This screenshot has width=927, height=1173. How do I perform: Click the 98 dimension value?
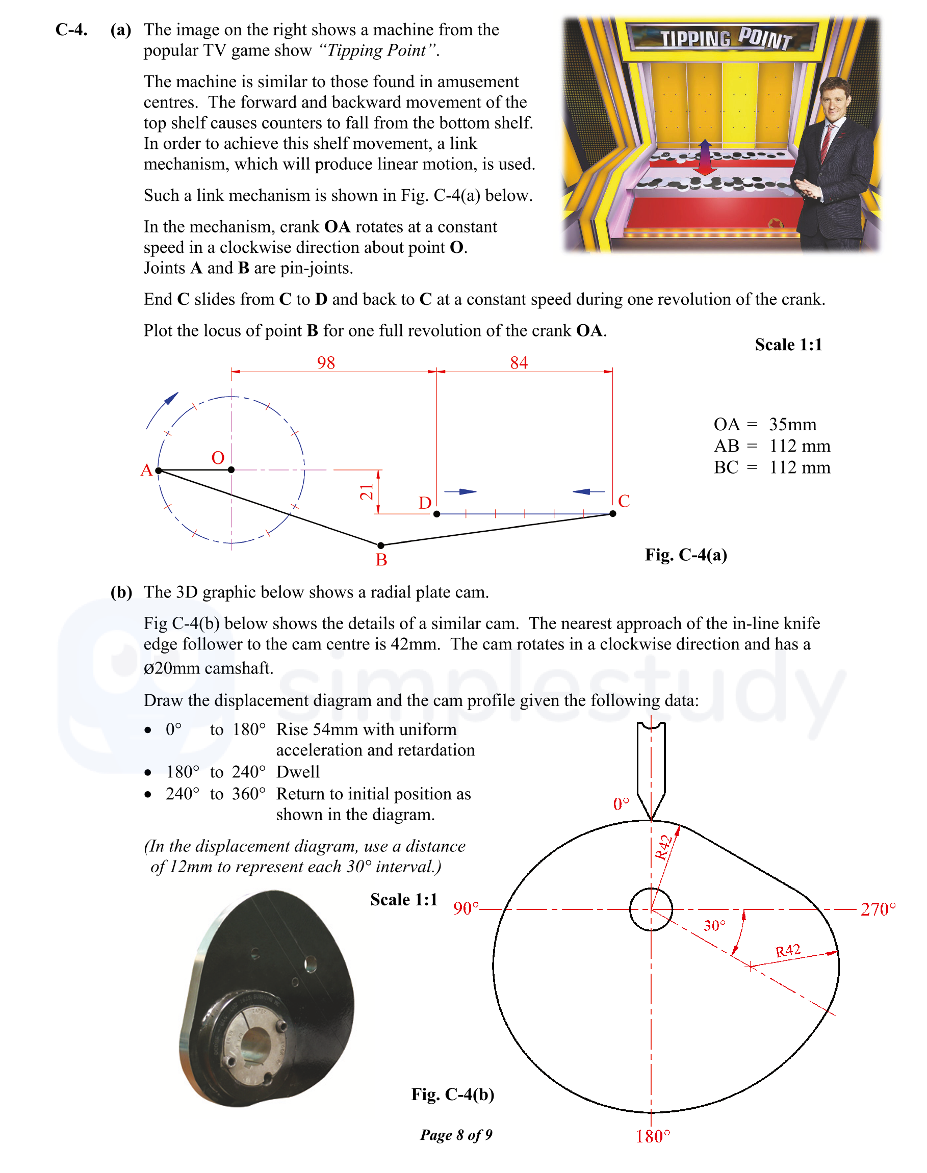pyautogui.click(x=326, y=362)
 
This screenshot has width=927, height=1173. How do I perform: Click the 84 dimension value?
pyautogui.click(x=519, y=362)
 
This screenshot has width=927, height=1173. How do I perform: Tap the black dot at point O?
pyautogui.click(x=231, y=470)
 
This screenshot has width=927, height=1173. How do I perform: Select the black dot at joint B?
pyautogui.click(x=380, y=545)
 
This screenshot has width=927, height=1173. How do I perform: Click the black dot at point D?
pyautogui.click(x=436, y=514)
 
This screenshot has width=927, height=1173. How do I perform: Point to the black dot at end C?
pyautogui.click(x=613, y=514)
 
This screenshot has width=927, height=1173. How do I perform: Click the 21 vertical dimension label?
pyautogui.click(x=367, y=492)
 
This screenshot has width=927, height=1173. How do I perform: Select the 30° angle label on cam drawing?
pyautogui.click(x=714, y=926)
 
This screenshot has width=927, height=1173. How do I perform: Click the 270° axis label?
pyautogui.click(x=878, y=909)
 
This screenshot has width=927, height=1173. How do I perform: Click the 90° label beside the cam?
pyautogui.click(x=466, y=908)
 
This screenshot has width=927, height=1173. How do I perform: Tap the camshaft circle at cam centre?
pyautogui.click(x=651, y=909)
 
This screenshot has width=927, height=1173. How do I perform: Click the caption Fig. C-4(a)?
pyautogui.click(x=685, y=555)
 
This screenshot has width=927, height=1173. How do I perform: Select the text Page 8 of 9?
pyautogui.click(x=456, y=1134)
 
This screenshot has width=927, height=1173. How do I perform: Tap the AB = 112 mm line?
pyautogui.click(x=771, y=446)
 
